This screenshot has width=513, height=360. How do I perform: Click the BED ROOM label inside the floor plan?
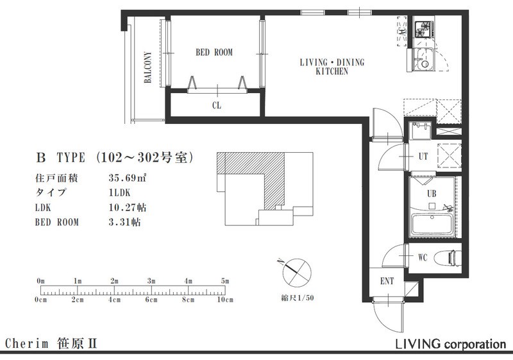coord(214,53)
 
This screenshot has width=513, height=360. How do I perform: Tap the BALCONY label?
coord(148,67)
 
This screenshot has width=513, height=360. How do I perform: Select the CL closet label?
coord(217,105)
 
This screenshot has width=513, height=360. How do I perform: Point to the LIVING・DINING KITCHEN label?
coord(332,67)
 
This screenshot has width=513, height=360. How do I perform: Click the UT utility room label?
coord(423,157)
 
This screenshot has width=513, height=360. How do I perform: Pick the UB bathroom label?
coord(432,193)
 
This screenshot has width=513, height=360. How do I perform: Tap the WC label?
coord(423,257)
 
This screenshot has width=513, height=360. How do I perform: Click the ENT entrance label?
coord(387,281)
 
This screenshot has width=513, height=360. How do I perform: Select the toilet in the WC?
coord(447,258)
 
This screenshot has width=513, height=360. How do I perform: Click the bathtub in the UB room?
coord(432,225)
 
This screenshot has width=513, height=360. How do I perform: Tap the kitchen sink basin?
coord(423,59)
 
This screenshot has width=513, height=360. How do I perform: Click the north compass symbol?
coord(297,273)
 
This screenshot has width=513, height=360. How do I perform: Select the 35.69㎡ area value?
coord(127,178)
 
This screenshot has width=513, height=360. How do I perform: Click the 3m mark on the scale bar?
coord(151,281)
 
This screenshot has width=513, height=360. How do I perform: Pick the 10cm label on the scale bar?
coord(225,300)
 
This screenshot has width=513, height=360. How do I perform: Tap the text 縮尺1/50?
coord(298,298)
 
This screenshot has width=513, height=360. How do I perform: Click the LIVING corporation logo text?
coord(451,344)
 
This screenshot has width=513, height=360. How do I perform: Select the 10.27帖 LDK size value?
coord(127,207)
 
